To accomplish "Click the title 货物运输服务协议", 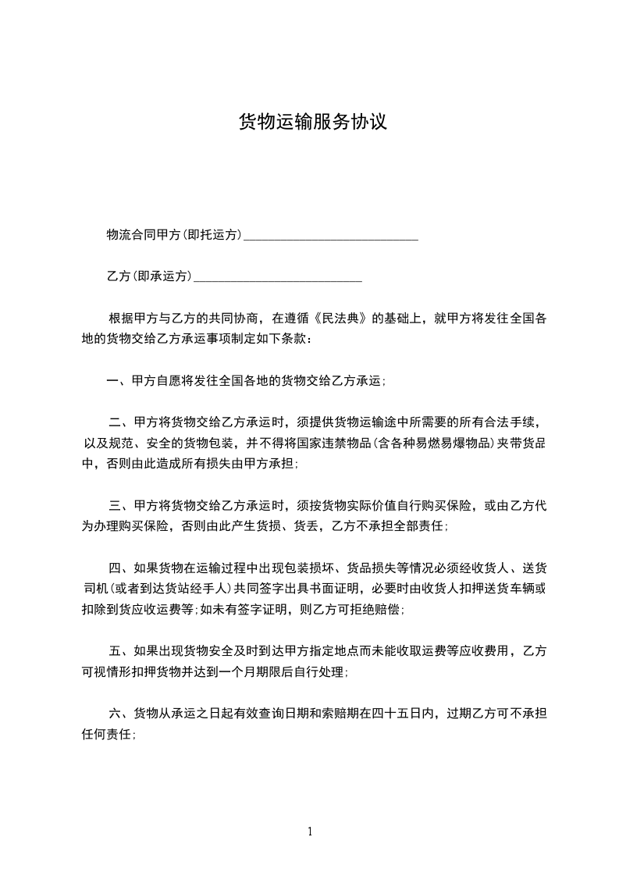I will click(x=312, y=123).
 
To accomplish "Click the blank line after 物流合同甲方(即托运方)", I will click(x=331, y=235).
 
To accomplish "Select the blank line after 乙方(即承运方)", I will click(x=277, y=276).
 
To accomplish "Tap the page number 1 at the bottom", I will click(x=310, y=831).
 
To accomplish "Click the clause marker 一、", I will click(x=119, y=381).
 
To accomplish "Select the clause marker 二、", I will click(x=121, y=422).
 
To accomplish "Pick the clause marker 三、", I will click(x=121, y=506).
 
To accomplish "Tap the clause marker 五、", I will click(x=121, y=650).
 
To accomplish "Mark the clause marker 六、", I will click(x=121, y=713).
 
